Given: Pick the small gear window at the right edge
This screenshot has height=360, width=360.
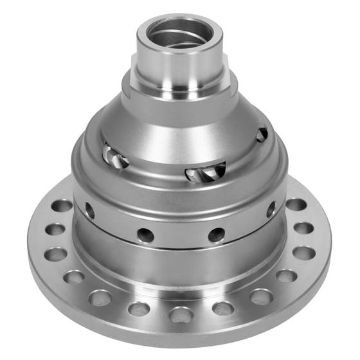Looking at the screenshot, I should [262, 134].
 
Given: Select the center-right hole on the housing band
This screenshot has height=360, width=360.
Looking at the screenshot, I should [217, 234].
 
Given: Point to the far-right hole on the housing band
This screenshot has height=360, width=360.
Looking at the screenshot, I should [271, 210].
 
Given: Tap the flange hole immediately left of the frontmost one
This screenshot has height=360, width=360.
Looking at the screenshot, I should [139, 309].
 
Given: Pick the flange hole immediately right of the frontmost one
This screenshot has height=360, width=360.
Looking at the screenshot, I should [223, 308].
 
